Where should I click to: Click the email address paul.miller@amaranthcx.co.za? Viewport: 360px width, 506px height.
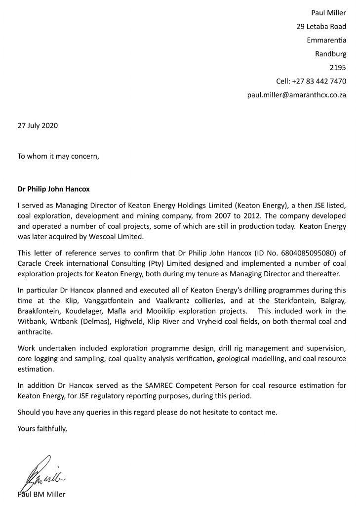[x=296, y=95]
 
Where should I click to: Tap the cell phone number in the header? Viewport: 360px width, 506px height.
[x=311, y=81]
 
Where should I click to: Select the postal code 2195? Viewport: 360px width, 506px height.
[x=338, y=68]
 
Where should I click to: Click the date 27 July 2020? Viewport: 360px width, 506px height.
[x=38, y=126]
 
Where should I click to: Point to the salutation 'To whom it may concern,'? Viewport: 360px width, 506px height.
[x=58, y=157]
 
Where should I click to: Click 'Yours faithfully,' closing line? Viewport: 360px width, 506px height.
[x=42, y=429]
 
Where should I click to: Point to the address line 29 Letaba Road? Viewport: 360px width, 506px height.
[x=321, y=27]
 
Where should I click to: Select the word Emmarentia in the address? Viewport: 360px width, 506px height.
[x=326, y=40]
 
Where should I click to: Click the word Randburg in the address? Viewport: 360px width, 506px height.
[x=330, y=54]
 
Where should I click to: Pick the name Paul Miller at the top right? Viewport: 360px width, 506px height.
[x=328, y=13]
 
